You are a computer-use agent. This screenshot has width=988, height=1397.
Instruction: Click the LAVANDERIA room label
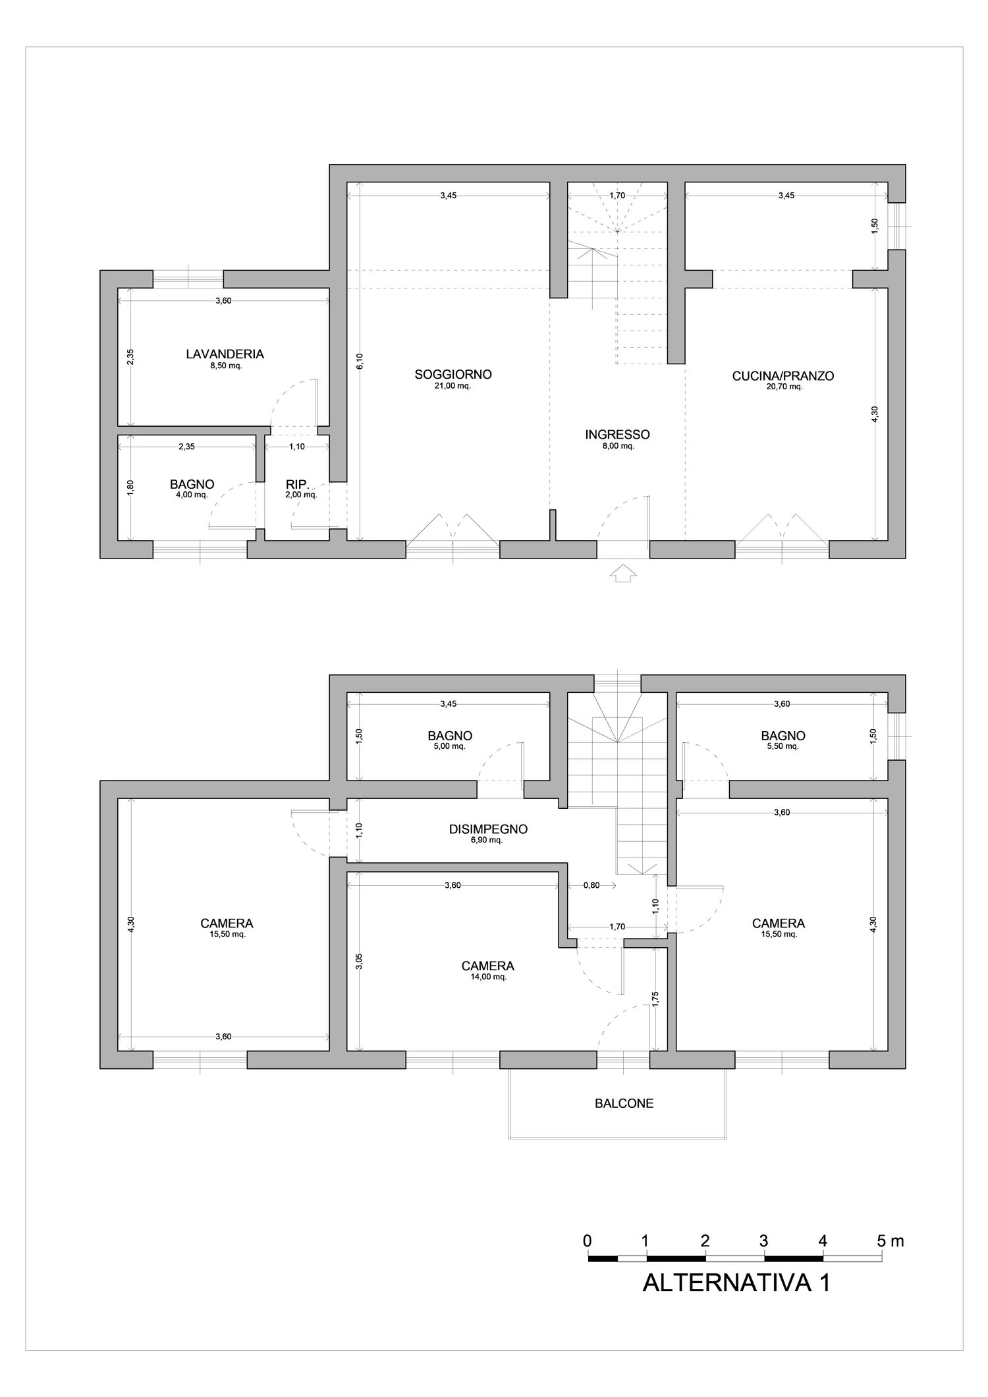pos(225,354)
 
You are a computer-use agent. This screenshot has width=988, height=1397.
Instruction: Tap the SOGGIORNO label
pos(453,374)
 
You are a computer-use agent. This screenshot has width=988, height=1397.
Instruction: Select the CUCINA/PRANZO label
pos(783,376)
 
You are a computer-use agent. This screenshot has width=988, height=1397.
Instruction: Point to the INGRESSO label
pos(617,435)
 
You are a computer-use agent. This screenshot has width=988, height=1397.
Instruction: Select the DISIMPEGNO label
pos(488,829)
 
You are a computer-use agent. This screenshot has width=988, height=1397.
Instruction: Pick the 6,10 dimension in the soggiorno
pos(360,362)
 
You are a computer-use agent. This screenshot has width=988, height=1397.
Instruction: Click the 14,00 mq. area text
pos(488,977)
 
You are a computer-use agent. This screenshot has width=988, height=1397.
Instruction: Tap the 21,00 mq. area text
pos(453,386)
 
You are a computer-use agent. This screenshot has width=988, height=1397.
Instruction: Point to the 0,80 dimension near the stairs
pos(591,885)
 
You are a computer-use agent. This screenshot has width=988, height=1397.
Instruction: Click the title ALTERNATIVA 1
pos(736,1282)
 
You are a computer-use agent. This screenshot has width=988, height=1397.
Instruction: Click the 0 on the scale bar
pos(587,1241)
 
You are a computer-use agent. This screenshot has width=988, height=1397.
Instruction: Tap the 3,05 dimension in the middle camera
pos(359,961)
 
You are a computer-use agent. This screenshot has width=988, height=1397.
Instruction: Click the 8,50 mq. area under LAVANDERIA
pos(225,366)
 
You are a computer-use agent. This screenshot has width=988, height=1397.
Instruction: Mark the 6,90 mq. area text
pos(488,840)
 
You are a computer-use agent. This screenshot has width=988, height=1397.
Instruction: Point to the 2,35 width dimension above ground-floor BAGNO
pos(186,447)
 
